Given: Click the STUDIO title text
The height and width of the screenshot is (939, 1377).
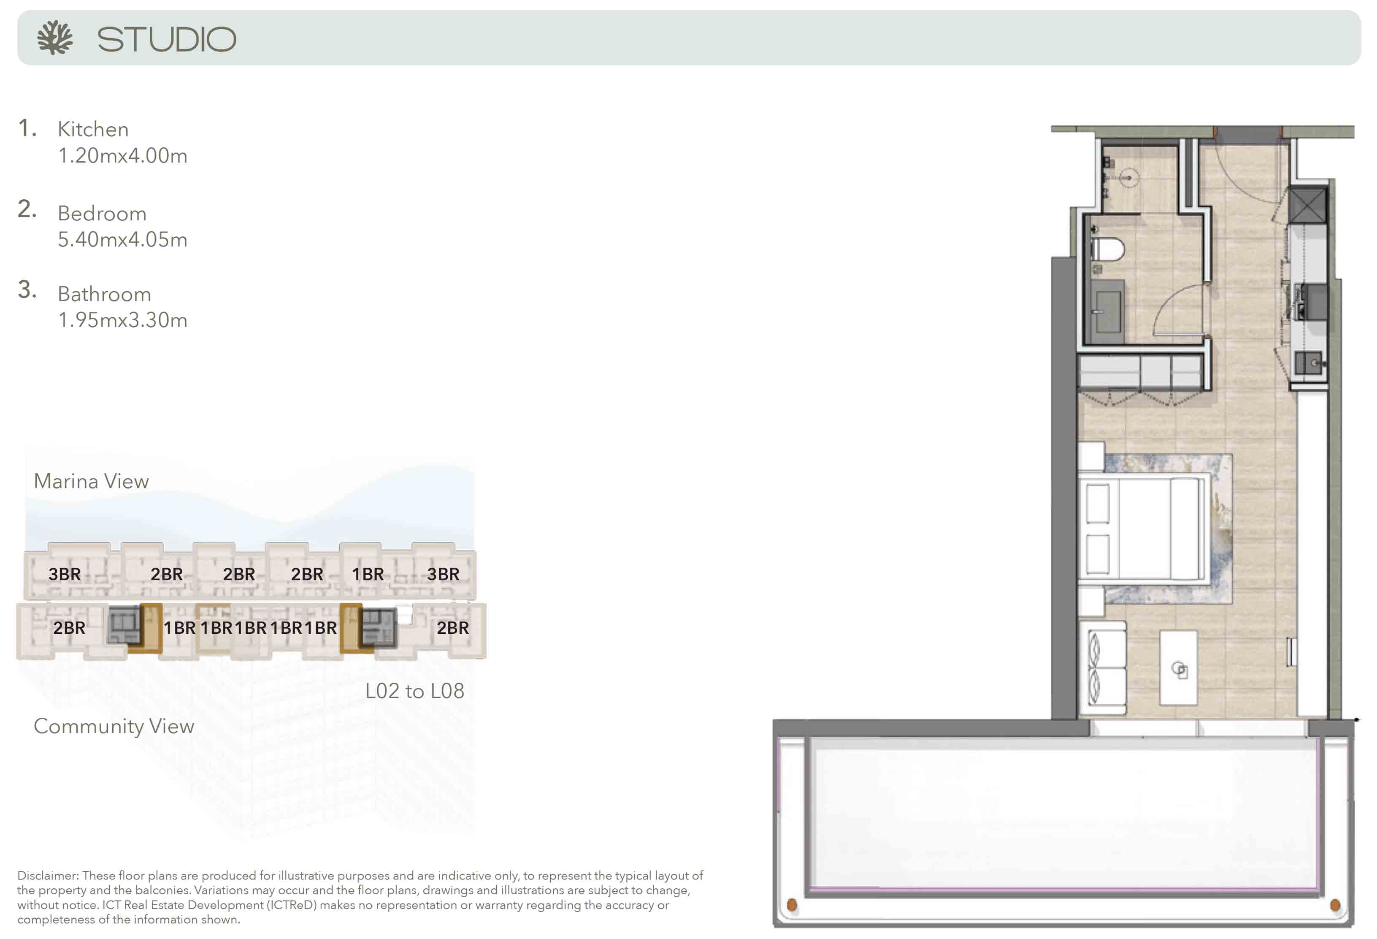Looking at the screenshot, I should (167, 40).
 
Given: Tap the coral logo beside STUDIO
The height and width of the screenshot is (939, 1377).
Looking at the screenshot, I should (54, 38).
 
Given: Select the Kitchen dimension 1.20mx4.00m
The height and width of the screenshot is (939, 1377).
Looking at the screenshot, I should (123, 156).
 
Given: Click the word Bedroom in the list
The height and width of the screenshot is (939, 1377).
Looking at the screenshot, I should (102, 213).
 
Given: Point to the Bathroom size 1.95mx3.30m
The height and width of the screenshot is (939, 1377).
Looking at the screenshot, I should (123, 320).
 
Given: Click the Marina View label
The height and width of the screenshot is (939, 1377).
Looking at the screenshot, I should (91, 481).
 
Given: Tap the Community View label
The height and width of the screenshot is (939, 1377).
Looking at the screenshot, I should (114, 726).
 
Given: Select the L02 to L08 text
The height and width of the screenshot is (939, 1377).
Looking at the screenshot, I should (415, 691).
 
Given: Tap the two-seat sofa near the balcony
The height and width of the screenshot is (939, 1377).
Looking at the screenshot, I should (1107, 668).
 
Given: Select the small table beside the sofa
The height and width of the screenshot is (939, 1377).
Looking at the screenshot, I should (1178, 668).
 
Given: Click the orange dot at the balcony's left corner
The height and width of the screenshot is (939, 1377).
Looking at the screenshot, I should (792, 905).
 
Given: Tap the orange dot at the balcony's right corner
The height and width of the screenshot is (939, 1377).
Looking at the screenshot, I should (1335, 905).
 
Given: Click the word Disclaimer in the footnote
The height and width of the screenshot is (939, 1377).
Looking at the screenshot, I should (47, 876).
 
